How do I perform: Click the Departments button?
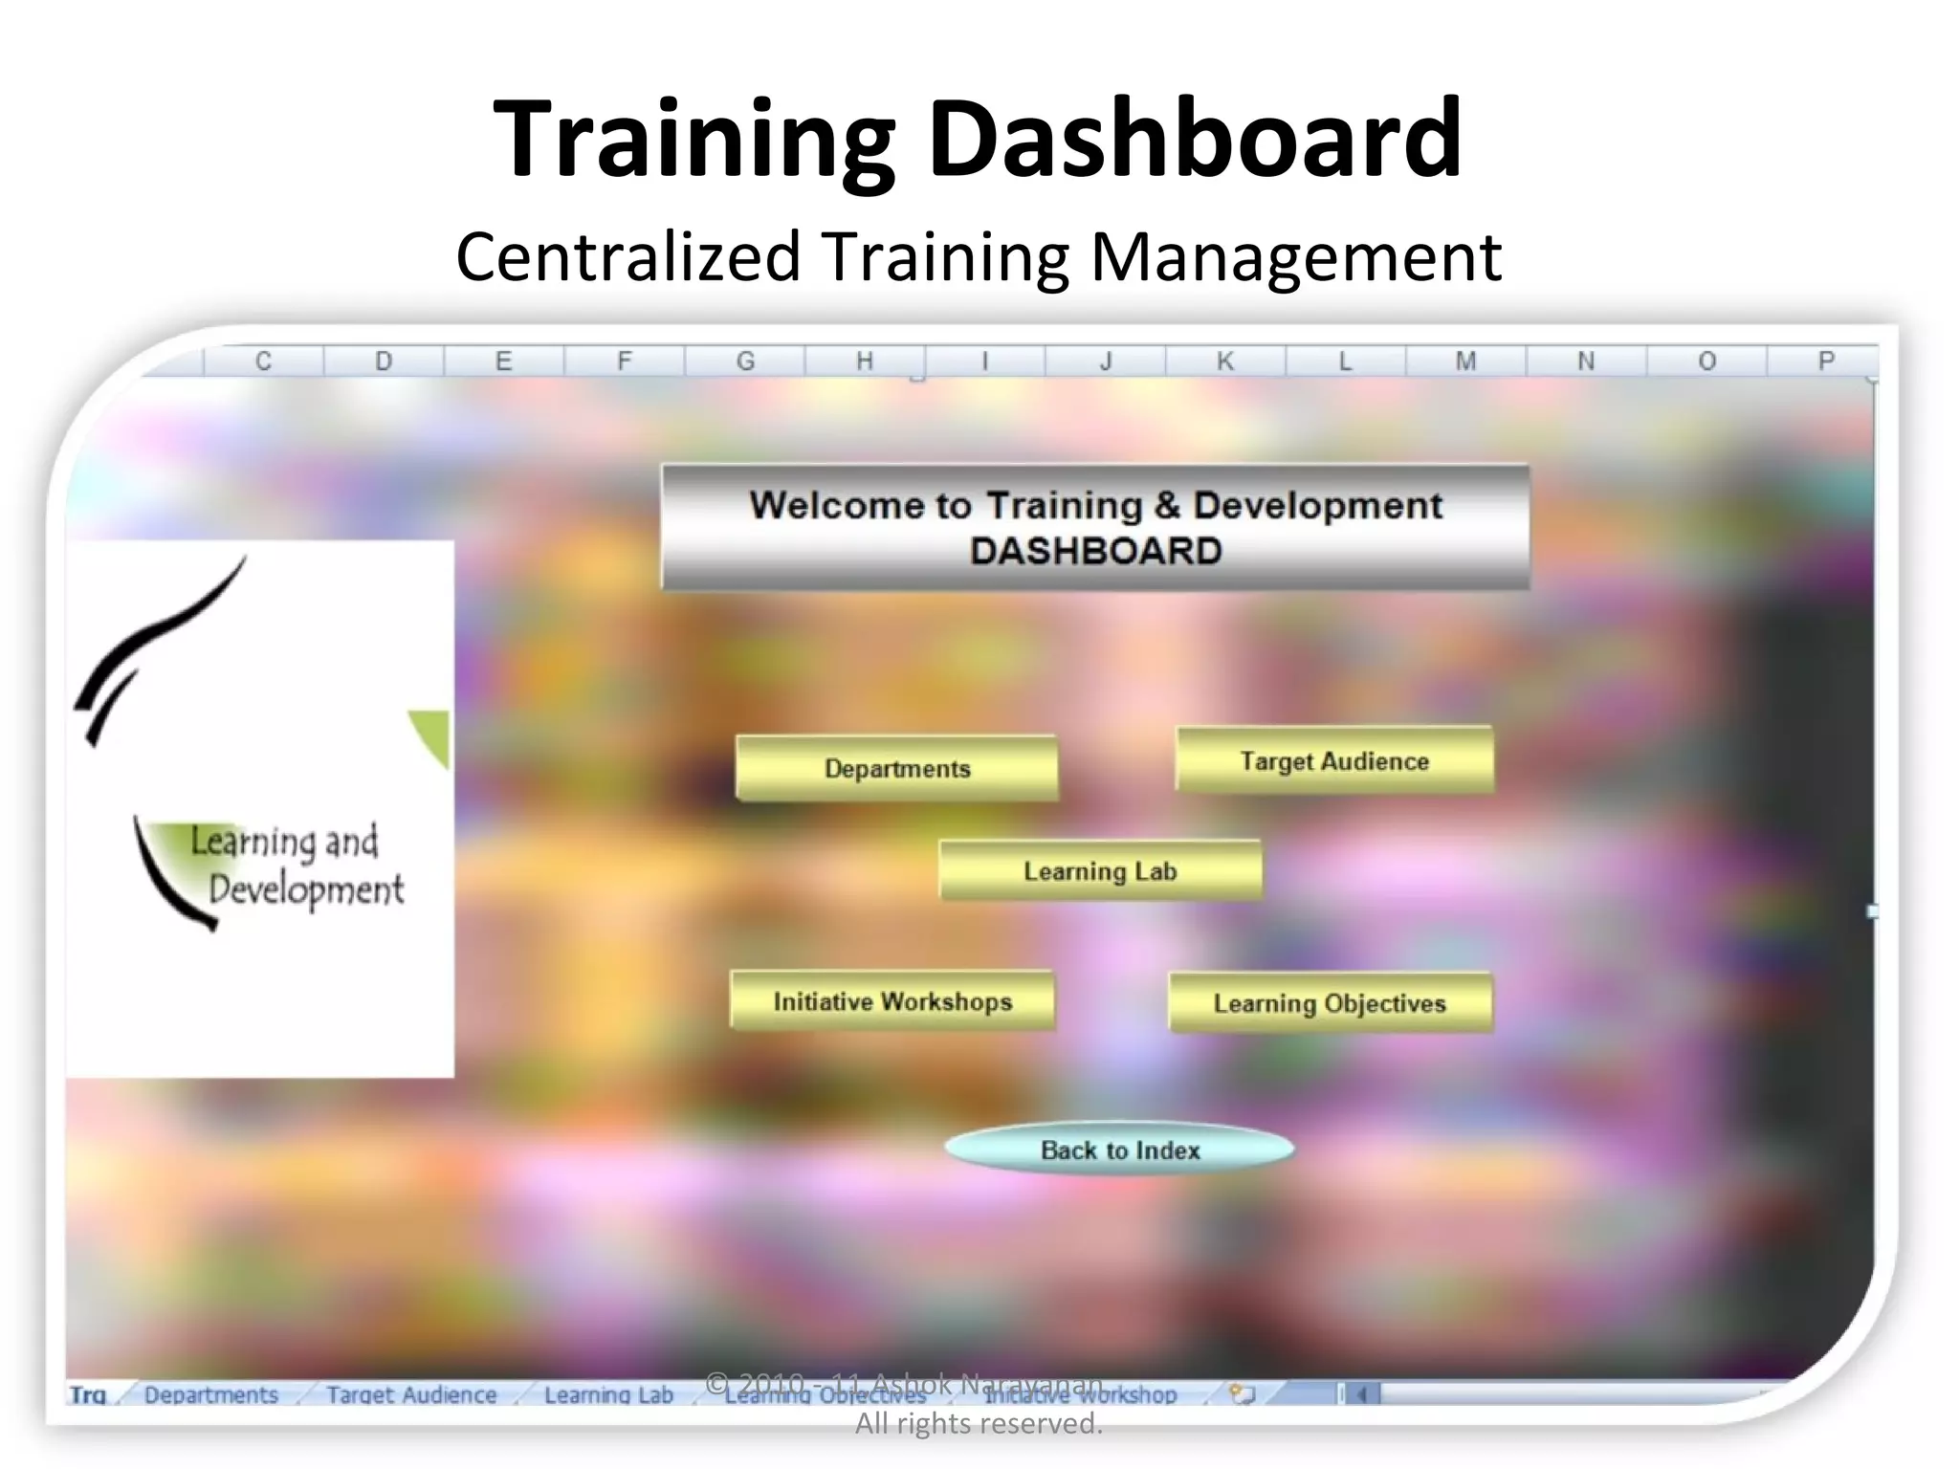(896, 768)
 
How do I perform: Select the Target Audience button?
(1334, 760)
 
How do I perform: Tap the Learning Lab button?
(1100, 870)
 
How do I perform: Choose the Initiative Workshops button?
(892, 1001)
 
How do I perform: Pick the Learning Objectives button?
(1330, 1003)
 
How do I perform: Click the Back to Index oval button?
(1119, 1150)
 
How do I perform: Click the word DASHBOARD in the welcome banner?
(1095, 552)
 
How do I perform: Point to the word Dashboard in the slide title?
(1196, 139)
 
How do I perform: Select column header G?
(745, 362)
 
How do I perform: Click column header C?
(263, 362)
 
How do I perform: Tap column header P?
(1826, 362)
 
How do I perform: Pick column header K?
(1225, 362)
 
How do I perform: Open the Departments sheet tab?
(210, 1395)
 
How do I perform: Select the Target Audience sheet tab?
(411, 1395)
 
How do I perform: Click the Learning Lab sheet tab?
(608, 1395)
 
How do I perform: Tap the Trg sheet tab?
(88, 1395)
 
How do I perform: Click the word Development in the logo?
(306, 890)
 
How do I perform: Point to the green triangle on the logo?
(432, 734)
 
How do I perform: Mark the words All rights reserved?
(979, 1424)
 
